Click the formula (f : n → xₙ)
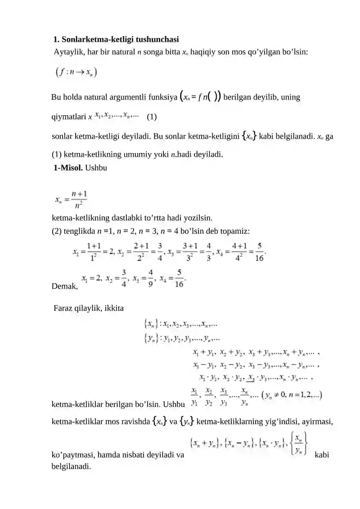[x=76, y=72]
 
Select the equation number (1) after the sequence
[x=152, y=117]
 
